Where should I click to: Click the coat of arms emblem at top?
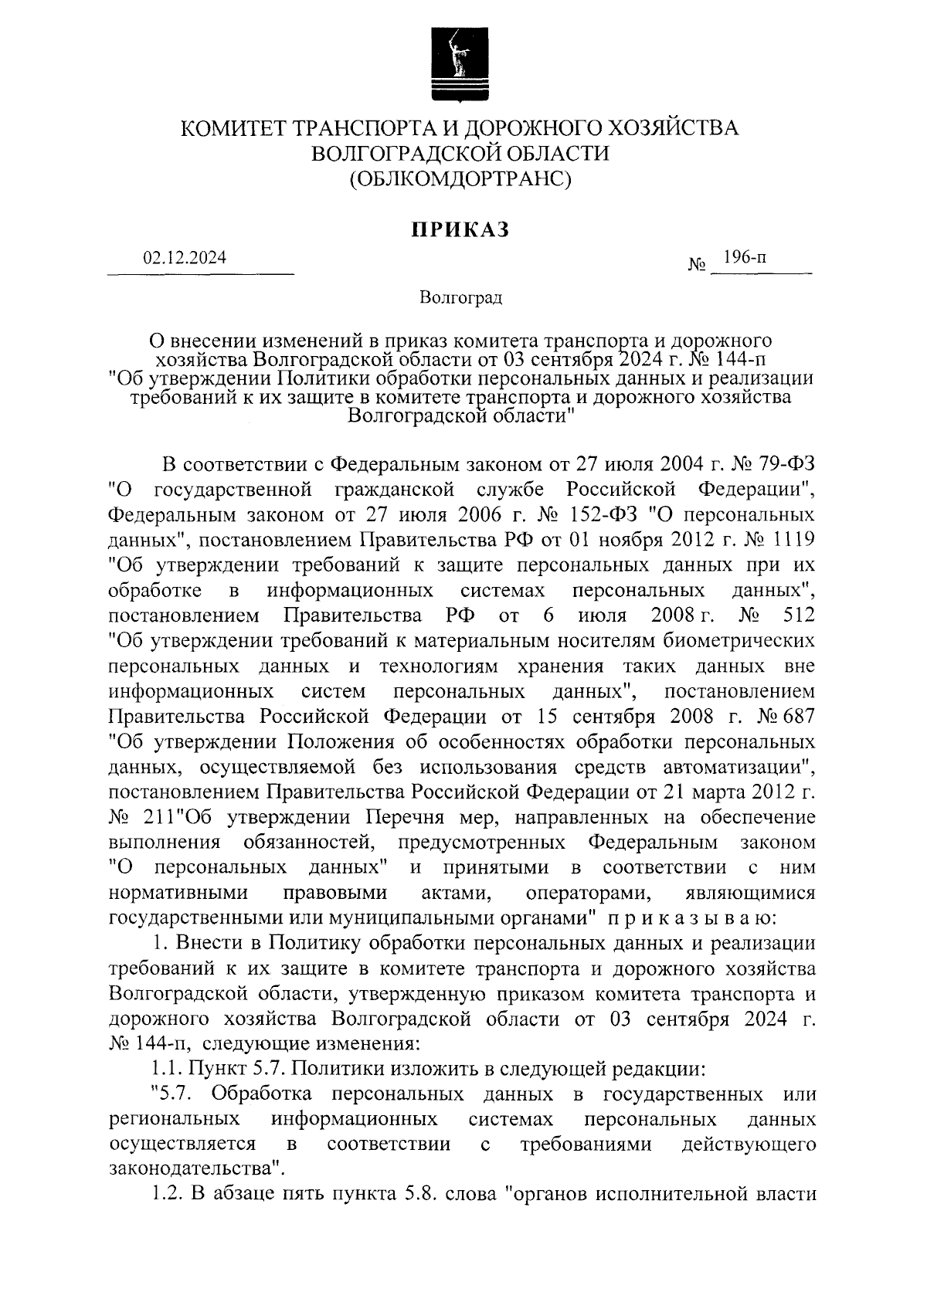(x=460, y=65)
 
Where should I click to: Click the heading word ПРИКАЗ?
(x=460, y=229)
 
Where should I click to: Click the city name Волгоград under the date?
(x=461, y=298)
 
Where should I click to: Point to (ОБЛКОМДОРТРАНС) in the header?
(x=460, y=179)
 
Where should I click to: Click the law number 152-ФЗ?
(x=576, y=515)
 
